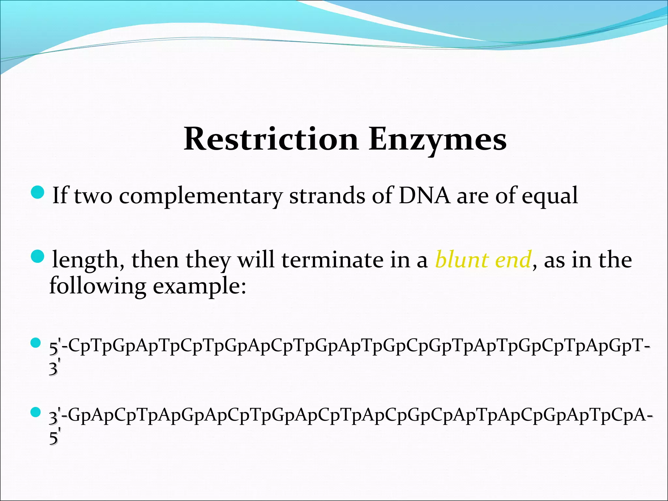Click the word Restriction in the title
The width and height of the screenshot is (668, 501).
271,140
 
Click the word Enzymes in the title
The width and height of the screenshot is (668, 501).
438,140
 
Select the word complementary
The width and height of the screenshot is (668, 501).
201,196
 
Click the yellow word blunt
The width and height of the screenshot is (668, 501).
462,260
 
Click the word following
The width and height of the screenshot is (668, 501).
97,286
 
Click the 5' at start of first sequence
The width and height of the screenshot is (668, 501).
54,347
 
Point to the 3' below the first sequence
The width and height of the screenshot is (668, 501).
53,368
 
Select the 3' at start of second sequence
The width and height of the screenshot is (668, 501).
54,417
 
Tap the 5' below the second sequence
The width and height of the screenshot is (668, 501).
53,437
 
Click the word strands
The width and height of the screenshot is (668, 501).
327,196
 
